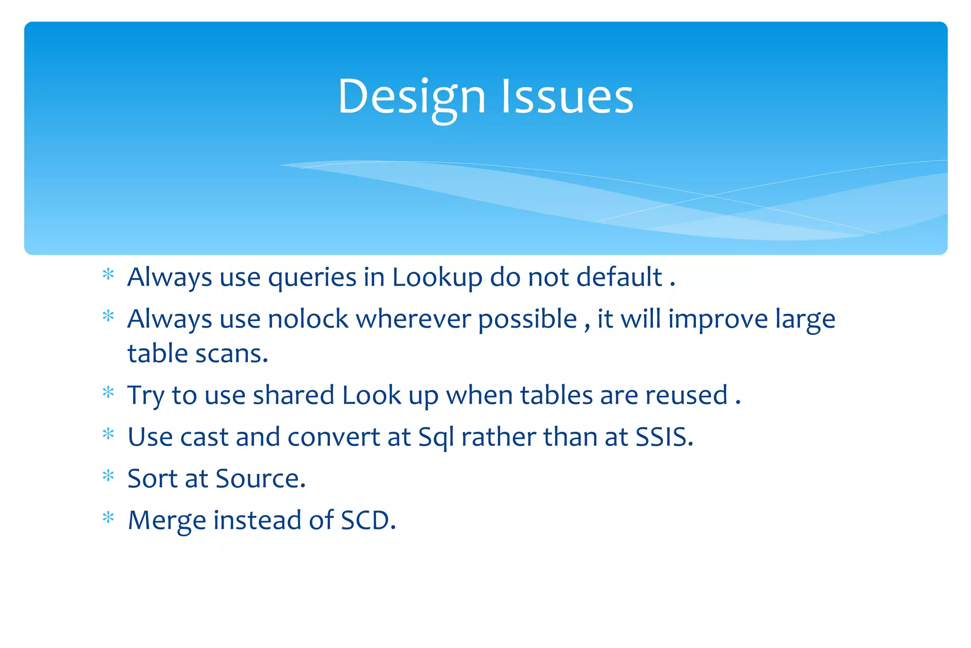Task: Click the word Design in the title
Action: pyautogui.click(x=412, y=97)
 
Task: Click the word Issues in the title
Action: pyautogui.click(x=567, y=97)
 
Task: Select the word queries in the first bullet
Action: pyautogui.click(x=312, y=278)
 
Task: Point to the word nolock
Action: pyautogui.click(x=308, y=319)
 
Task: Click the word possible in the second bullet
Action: pyautogui.click(x=527, y=320)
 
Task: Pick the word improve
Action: pyautogui.click(x=718, y=320)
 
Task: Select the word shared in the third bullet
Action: pyautogui.click(x=293, y=396)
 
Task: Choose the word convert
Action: pyautogui.click(x=333, y=437)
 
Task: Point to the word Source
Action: pyautogui.click(x=260, y=479)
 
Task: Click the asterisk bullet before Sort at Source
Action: pyautogui.click(x=109, y=475)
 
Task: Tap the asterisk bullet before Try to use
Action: pyautogui.click(x=109, y=392)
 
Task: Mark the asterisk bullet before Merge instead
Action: pyautogui.click(x=109, y=517)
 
